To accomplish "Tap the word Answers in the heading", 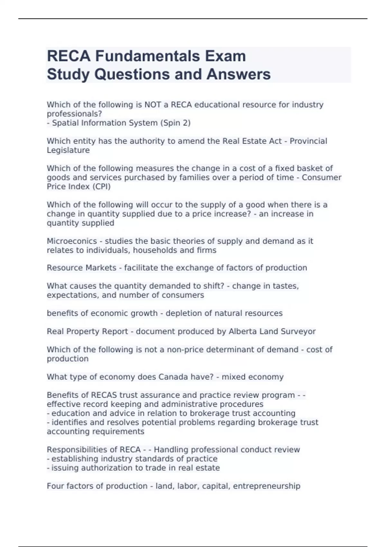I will [238, 74].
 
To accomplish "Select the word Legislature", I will [68, 150].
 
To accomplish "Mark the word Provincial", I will [308, 141].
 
